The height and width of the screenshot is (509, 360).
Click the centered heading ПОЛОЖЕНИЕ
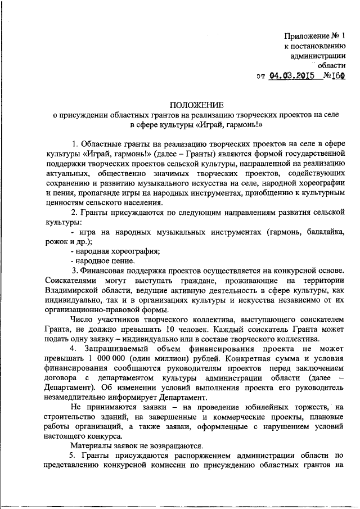point(196,104)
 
